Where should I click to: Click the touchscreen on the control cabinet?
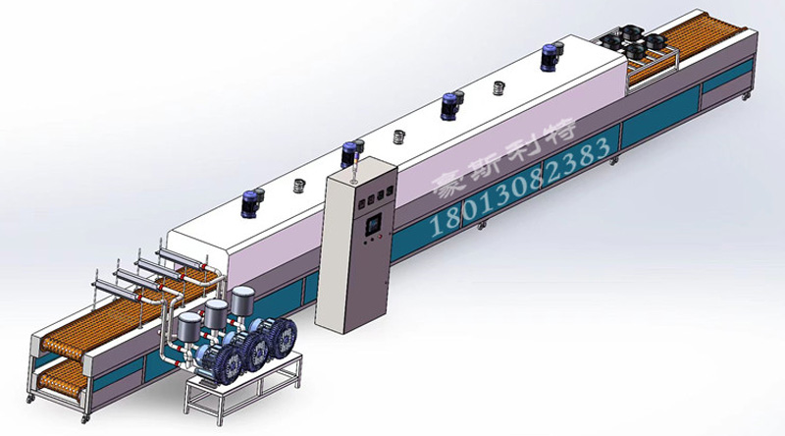(x=374, y=223)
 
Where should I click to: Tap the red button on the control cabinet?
(x=380, y=235)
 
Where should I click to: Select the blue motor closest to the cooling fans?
(x=551, y=56)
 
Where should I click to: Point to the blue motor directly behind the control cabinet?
(x=351, y=153)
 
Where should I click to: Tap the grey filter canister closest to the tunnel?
(x=242, y=300)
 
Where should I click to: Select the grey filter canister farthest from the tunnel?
(x=189, y=327)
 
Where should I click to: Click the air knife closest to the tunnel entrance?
(x=182, y=257)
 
